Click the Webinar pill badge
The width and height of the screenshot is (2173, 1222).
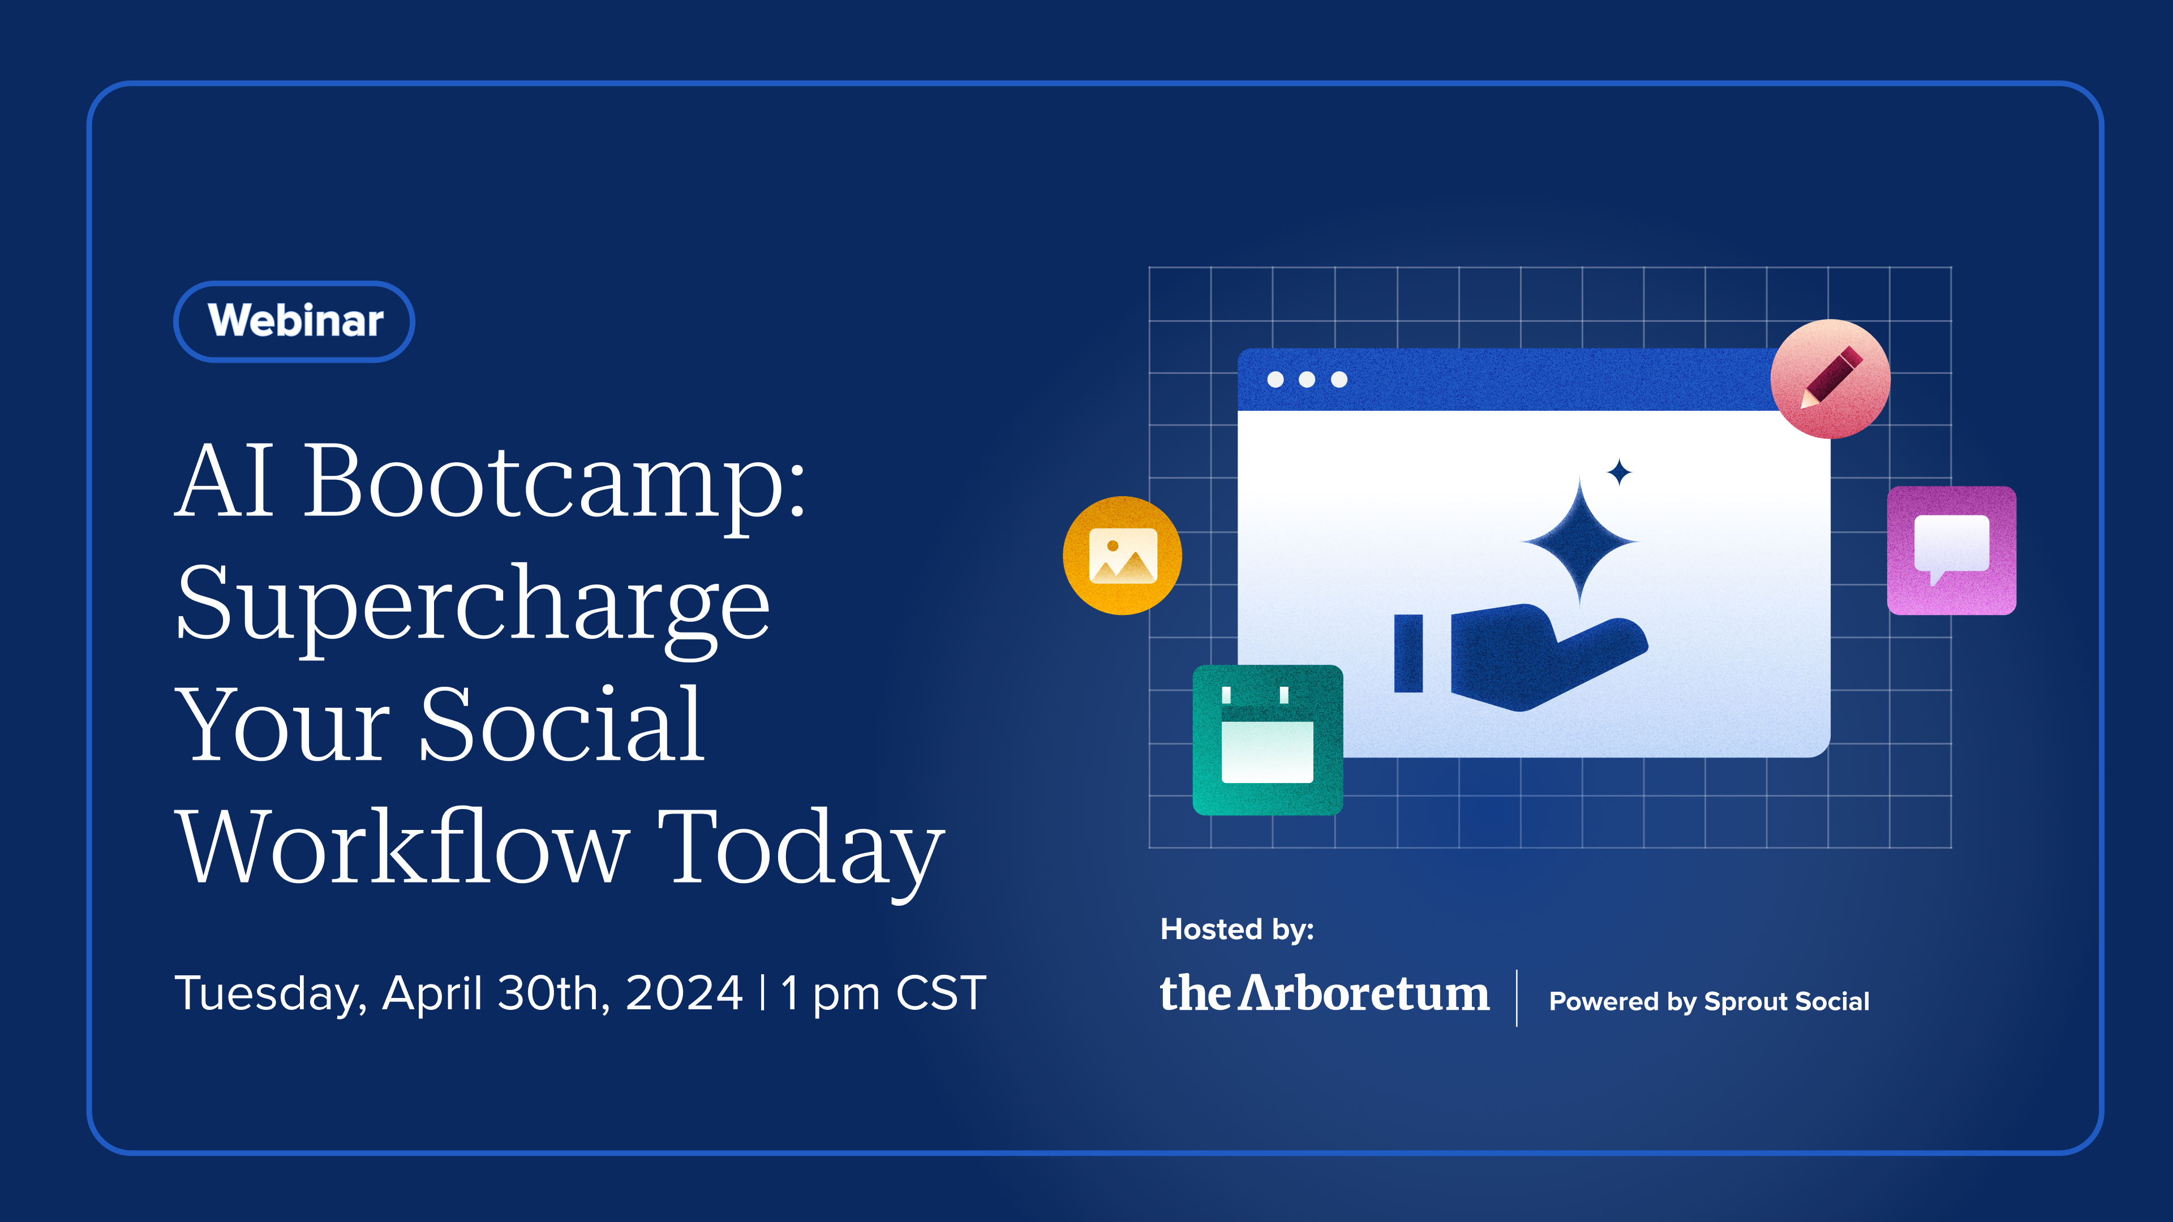coord(294,321)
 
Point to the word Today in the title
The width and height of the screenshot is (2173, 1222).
coord(801,852)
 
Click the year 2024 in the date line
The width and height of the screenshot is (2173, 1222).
coord(684,993)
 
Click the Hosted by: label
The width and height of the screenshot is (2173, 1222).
coord(1236,930)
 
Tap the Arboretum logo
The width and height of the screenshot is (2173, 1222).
coord(1324,993)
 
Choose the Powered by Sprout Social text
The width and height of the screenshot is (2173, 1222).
coord(1709,1001)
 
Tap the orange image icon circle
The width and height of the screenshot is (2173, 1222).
coord(1122,555)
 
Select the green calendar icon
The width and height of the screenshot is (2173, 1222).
coord(1267,739)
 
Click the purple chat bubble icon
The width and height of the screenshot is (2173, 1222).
coord(1951,550)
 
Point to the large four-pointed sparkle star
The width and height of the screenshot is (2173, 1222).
coord(1580,541)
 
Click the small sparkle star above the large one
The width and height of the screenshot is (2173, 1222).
coord(1619,472)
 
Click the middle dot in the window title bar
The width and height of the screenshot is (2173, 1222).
coord(1307,380)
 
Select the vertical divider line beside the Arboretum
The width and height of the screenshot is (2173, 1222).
coord(1517,997)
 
